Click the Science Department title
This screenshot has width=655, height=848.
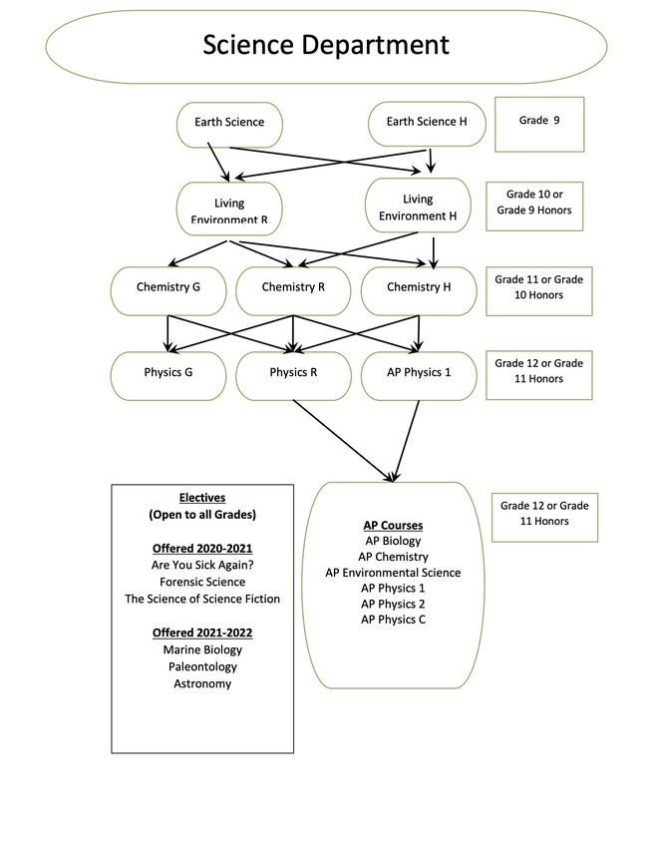(x=326, y=45)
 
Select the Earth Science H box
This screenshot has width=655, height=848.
(x=427, y=124)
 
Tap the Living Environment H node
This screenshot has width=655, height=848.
(x=418, y=206)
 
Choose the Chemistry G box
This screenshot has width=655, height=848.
(x=168, y=291)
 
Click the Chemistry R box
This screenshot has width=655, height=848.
(x=293, y=291)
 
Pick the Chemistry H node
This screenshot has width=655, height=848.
(x=419, y=291)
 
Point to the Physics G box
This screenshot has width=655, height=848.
(x=168, y=376)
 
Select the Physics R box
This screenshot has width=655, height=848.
(x=293, y=376)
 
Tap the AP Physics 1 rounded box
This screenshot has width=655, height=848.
(x=419, y=376)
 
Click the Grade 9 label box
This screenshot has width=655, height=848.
(x=539, y=125)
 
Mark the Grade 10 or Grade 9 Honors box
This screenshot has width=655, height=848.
(x=534, y=207)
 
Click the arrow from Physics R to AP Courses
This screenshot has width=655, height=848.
(x=343, y=440)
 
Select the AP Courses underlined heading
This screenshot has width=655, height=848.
(x=393, y=525)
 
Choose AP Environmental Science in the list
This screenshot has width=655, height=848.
(x=393, y=573)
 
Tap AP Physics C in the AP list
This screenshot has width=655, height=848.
(x=393, y=620)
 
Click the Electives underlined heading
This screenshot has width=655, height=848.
(x=202, y=498)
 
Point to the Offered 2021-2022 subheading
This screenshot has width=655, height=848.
(x=202, y=633)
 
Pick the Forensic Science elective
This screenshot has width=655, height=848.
(x=202, y=582)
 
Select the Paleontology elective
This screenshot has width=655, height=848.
(x=202, y=666)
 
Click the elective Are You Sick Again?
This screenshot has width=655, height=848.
(x=202, y=565)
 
